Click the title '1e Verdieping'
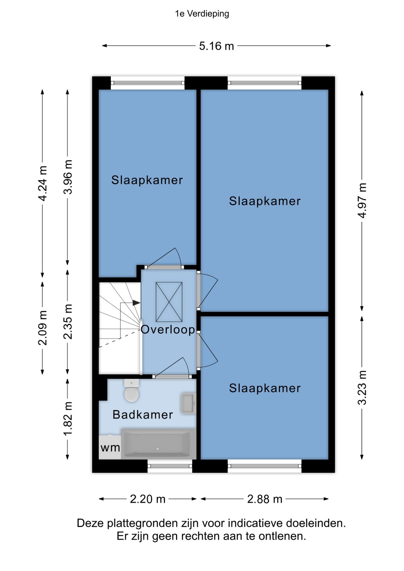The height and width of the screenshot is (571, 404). [202, 14]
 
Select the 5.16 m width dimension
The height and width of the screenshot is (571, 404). [217, 46]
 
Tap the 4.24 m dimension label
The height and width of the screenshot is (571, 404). [43, 183]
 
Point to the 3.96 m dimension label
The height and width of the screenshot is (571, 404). [68, 177]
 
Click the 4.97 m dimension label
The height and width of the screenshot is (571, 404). [362, 200]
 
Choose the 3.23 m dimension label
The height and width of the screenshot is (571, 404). [362, 388]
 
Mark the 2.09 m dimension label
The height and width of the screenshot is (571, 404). [43, 328]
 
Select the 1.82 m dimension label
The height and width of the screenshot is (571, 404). [68, 419]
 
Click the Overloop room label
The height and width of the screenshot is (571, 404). [168, 329]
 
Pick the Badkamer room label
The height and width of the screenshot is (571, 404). [143, 415]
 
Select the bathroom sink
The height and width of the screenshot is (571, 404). [188, 404]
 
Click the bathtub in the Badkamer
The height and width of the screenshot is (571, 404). [157, 443]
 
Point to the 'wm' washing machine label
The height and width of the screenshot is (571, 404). [110, 448]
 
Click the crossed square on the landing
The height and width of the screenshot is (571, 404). [169, 302]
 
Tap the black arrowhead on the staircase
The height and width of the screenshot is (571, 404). [136, 303]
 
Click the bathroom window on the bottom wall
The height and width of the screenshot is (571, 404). [170, 466]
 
